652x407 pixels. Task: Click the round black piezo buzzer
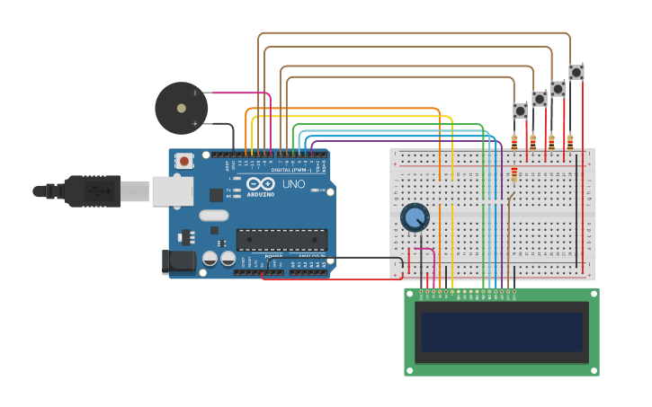pos(181,108)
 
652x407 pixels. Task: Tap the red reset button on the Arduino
pos(184,161)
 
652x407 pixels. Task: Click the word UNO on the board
pos(294,184)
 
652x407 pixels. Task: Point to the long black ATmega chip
pos(281,240)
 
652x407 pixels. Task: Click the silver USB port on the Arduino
pos(172,191)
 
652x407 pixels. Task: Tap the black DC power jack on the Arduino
pos(178,261)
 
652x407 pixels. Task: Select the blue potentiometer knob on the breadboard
pos(415,217)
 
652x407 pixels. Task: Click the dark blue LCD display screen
pos(501,332)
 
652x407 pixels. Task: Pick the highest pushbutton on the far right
pos(576,72)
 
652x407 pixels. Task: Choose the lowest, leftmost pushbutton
pos(520,111)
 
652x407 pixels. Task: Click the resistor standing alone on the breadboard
pos(514,174)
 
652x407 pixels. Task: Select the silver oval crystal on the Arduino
pos(213,216)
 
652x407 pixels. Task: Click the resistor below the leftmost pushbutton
pos(514,141)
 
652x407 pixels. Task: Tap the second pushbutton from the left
pos(539,99)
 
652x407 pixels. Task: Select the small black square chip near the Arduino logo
pos(216,194)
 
